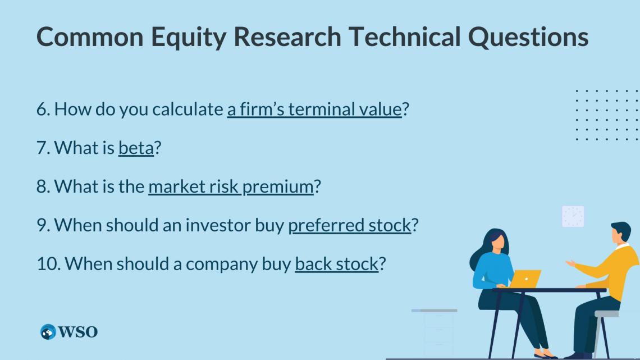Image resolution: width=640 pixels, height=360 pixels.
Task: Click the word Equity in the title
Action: (x=189, y=37)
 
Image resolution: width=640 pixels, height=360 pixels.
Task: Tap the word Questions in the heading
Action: (x=528, y=37)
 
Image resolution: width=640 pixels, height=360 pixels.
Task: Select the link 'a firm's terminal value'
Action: (x=314, y=109)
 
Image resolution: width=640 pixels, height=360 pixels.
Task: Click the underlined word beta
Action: (x=136, y=147)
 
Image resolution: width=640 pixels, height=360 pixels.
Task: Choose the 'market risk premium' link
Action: (x=231, y=186)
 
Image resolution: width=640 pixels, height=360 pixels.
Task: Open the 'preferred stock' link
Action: (x=349, y=225)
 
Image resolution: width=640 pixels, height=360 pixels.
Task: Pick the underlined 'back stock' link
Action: (x=337, y=263)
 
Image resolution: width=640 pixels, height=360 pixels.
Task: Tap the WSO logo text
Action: (x=77, y=332)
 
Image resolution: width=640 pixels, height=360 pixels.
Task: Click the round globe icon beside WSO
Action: (x=48, y=332)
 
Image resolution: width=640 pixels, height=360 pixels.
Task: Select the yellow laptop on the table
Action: (x=525, y=279)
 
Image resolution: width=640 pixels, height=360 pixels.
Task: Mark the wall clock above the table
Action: (x=573, y=216)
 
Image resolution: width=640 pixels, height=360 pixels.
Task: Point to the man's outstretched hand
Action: (x=571, y=263)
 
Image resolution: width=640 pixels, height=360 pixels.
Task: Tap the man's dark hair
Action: (x=621, y=229)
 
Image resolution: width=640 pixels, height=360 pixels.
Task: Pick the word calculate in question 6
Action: (x=188, y=109)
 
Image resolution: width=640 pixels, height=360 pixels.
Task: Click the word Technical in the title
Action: (x=404, y=37)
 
